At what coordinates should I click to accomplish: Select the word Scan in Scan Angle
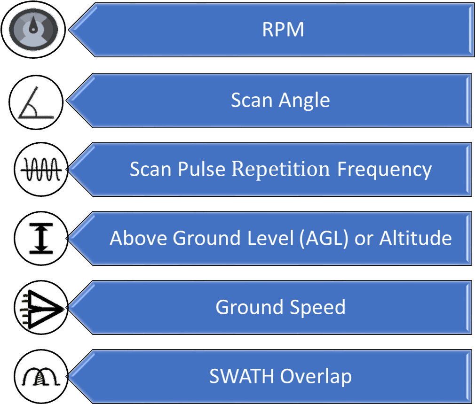point(252,100)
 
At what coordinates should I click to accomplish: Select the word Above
point(138,238)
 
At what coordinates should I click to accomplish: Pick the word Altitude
point(415,238)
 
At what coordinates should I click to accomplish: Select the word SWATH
point(242,376)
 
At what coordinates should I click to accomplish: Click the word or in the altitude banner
point(364,239)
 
